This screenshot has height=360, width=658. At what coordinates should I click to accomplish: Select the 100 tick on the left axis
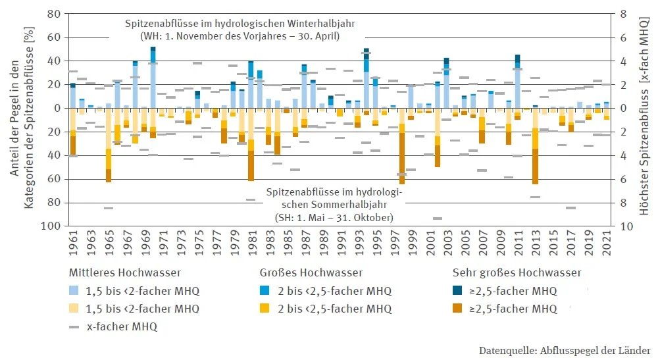[x=53, y=226]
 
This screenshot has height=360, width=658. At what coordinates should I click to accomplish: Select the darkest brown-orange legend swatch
[x=458, y=308]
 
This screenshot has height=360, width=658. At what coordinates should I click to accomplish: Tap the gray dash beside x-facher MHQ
[x=74, y=326]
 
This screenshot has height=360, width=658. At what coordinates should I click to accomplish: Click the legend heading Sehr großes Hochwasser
[x=517, y=272]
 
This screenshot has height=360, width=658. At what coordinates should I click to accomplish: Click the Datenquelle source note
[x=565, y=349]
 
